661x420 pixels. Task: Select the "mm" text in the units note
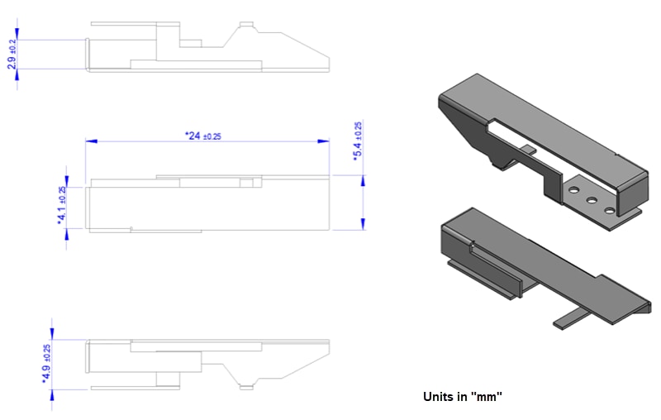point(487,397)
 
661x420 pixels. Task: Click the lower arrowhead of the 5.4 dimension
point(363,225)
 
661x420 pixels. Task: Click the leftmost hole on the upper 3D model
point(572,191)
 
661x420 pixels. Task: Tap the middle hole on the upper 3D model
point(592,201)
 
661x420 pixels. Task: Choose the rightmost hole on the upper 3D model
point(610,211)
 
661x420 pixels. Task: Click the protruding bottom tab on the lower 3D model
point(571,317)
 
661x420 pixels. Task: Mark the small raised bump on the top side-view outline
point(245,25)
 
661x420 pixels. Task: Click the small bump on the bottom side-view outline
point(245,385)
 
